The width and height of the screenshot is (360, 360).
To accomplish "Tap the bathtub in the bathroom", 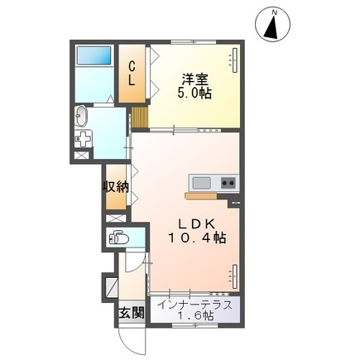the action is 94,55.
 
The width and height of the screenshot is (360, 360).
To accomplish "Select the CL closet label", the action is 132,74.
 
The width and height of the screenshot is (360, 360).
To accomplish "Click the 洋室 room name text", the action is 194,79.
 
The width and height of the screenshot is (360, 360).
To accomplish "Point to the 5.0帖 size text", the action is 194,94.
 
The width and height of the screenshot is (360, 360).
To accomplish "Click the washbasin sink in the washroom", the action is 81,117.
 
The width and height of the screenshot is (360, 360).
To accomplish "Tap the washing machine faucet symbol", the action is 82,138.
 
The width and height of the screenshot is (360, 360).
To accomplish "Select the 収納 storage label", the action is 116,187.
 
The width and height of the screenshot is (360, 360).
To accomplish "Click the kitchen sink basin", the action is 201,182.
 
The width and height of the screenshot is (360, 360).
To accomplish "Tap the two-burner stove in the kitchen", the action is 228,182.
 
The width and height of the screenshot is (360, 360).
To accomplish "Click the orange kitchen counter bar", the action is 201,196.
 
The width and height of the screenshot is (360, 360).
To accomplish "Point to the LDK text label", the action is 197,223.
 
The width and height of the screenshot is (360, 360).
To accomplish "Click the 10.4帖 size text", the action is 197,238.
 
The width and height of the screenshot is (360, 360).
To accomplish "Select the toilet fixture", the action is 118,238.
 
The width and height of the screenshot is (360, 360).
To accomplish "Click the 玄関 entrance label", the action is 132,313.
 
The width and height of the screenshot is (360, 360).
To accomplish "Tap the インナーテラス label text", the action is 195,305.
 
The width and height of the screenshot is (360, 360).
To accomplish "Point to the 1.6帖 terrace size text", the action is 195,315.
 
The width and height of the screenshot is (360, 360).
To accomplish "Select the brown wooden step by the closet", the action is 140,117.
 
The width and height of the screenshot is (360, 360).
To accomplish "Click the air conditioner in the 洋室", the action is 235,60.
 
